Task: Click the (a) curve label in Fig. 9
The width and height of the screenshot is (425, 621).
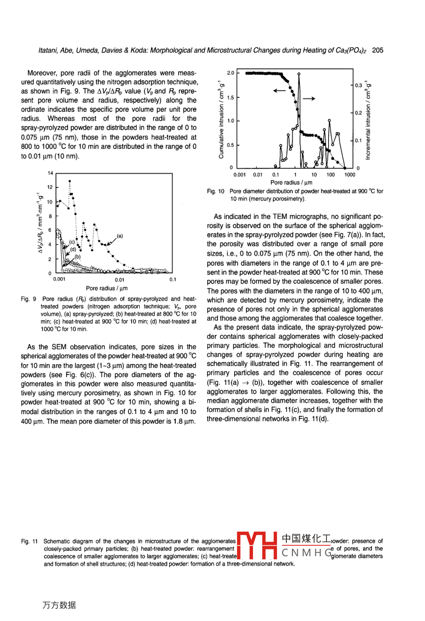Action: point(120,236)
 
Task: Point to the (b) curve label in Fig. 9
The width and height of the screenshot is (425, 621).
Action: point(78,256)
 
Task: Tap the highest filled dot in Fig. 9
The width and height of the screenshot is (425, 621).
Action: point(70,181)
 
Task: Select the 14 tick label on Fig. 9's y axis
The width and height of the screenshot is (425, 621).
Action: point(50,173)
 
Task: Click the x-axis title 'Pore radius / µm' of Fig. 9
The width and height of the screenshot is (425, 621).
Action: point(107,288)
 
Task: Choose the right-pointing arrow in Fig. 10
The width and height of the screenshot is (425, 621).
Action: point(308,98)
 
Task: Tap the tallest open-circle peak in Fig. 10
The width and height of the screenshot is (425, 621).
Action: point(299,74)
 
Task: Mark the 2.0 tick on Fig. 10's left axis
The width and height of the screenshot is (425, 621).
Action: point(230,73)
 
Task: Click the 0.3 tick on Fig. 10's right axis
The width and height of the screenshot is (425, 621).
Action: point(359,85)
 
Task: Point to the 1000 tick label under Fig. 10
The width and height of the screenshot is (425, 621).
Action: point(349,175)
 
